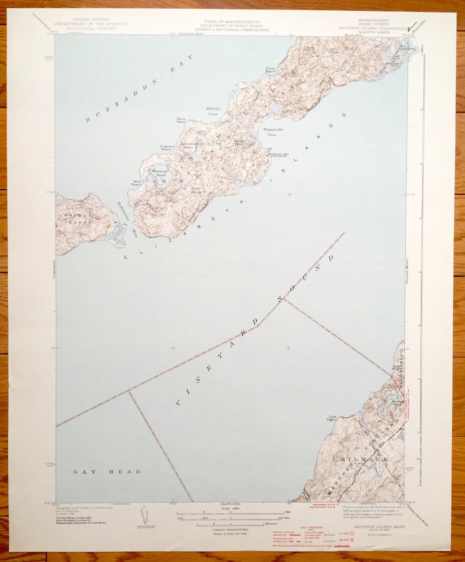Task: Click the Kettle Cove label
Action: point(213,112)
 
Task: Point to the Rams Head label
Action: point(181,120)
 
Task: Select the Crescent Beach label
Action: point(167,148)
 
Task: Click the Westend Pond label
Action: point(158,174)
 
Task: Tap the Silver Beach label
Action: point(270,70)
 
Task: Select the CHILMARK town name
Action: point(360,460)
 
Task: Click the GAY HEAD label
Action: point(107,472)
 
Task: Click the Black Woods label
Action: point(196,190)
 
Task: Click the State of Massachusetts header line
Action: point(232,22)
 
